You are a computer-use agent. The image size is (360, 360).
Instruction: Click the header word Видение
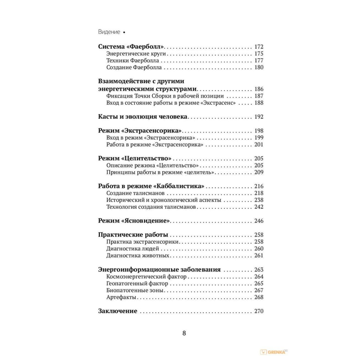click(109, 32)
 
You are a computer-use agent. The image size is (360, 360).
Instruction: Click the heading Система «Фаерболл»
click(131, 47)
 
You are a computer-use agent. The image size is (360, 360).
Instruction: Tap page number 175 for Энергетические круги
click(259, 54)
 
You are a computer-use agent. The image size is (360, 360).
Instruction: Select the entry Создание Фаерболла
click(134, 67)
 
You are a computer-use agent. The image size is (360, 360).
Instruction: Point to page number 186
click(259, 89)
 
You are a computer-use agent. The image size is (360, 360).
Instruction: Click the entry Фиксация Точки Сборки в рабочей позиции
click(165, 96)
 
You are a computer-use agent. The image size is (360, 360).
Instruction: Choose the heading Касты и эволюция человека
click(143, 117)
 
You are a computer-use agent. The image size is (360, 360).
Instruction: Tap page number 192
click(259, 117)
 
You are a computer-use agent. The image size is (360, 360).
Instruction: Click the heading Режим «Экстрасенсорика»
click(140, 131)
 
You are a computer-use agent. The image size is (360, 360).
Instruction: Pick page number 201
click(259, 145)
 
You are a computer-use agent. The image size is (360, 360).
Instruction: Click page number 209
click(259, 172)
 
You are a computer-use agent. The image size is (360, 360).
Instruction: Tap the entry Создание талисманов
click(135, 193)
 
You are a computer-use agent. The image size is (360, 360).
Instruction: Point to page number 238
click(259, 200)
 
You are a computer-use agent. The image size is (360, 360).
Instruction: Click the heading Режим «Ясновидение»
click(134, 221)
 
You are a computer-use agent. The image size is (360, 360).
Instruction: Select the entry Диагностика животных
click(138, 256)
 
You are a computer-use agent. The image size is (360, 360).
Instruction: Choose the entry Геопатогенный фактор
click(137, 283)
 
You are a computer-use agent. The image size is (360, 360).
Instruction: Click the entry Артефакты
click(121, 297)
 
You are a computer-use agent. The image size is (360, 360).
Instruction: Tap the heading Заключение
click(118, 311)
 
